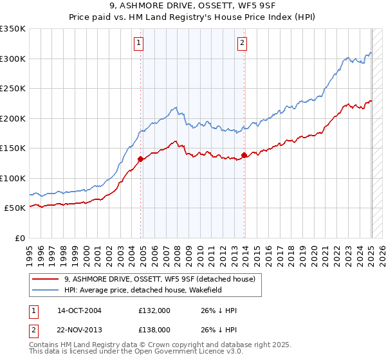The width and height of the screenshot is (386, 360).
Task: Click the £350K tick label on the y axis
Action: pyautogui.click(x=13, y=29)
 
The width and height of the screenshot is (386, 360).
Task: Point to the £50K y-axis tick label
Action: pyautogui.click(x=15, y=208)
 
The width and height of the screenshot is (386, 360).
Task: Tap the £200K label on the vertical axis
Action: pyautogui.click(x=13, y=118)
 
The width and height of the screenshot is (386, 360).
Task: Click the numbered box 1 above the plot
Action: pyautogui.click(x=139, y=44)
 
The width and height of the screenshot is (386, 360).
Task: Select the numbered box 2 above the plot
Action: pyautogui.click(x=242, y=44)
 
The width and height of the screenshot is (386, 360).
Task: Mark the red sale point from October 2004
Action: pyautogui.click(x=140, y=157)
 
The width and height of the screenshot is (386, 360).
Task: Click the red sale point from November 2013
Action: pyautogui.click(x=244, y=154)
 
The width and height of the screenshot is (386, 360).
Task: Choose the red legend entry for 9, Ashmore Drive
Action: pyautogui.click(x=160, y=279)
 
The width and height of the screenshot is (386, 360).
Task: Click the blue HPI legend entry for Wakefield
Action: pyautogui.click(x=142, y=290)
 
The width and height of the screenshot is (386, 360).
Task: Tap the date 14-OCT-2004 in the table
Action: pyautogui.click(x=79, y=310)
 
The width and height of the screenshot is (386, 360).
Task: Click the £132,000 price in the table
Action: pyautogui.click(x=154, y=310)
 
